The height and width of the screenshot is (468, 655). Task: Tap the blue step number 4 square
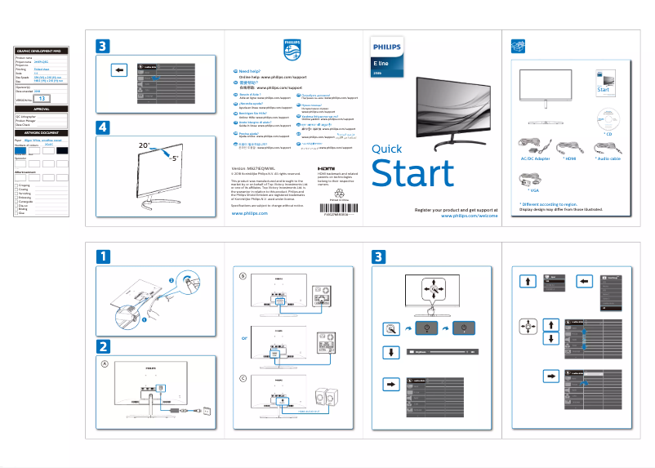click(x=102, y=127)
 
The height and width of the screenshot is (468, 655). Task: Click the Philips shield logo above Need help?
click(x=292, y=50)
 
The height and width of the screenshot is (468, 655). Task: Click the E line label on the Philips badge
click(x=381, y=63)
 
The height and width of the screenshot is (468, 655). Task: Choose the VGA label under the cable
click(x=535, y=189)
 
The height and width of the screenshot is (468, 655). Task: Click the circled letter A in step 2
click(x=104, y=363)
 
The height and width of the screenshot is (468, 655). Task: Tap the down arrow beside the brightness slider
click(x=389, y=352)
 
